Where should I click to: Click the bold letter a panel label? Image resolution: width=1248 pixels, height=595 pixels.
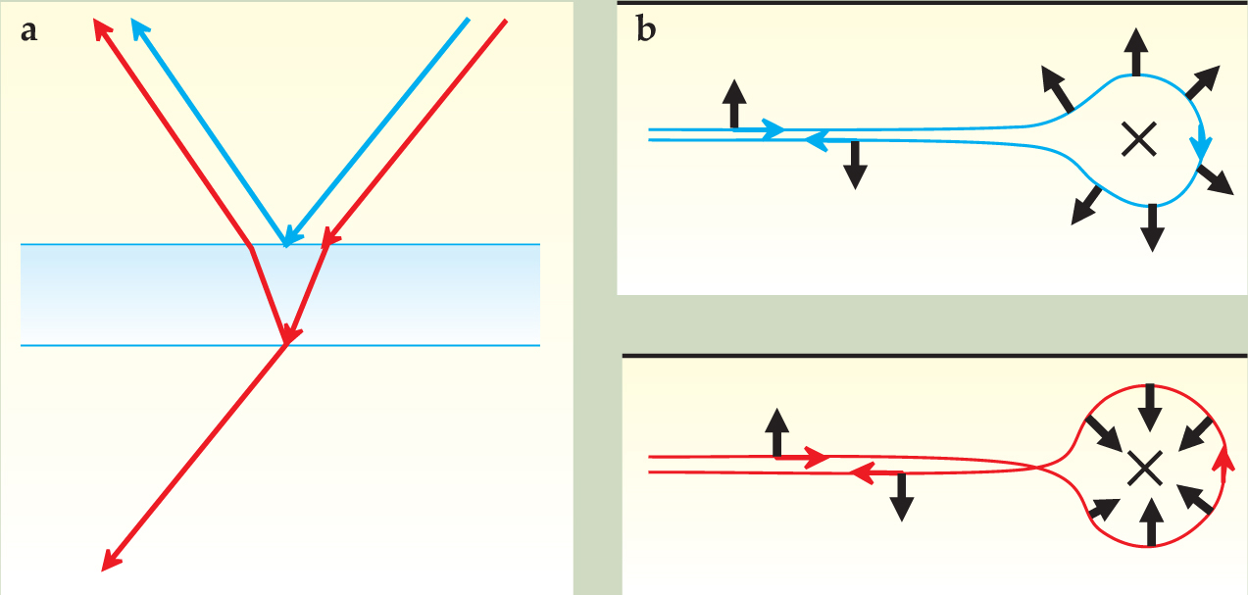click(29, 31)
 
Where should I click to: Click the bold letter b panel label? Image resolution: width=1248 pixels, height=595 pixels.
click(646, 31)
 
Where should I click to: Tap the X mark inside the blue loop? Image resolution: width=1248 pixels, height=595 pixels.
click(1138, 142)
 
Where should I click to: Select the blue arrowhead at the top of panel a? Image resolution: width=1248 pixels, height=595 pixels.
click(139, 26)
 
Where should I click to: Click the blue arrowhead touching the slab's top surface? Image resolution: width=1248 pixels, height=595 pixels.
click(286, 237)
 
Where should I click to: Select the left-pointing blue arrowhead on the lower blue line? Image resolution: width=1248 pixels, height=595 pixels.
click(813, 141)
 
